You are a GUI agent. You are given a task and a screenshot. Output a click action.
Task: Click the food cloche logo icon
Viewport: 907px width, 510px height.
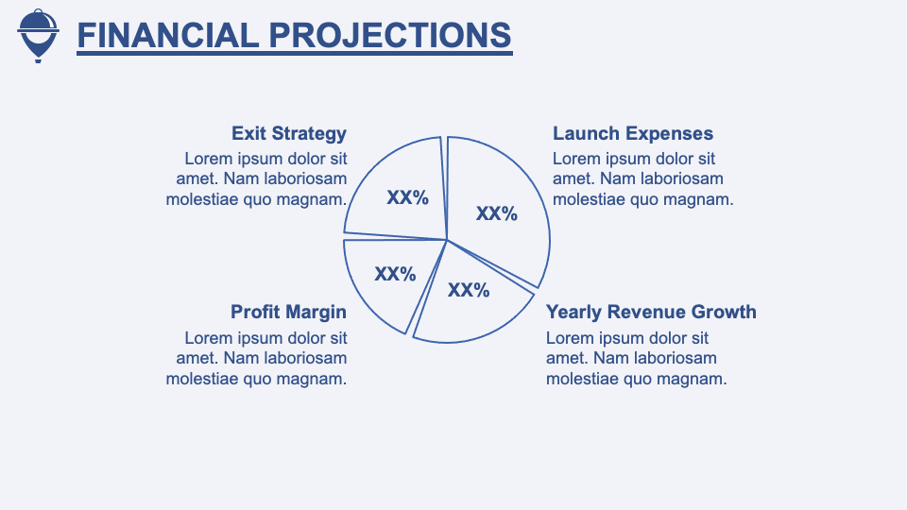click(x=38, y=36)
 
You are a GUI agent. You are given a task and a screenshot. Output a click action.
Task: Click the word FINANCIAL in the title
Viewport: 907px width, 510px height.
click(x=168, y=35)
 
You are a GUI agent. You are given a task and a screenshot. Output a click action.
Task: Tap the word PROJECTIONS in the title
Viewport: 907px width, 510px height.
click(x=390, y=35)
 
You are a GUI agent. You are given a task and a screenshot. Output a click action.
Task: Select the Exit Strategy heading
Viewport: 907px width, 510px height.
click(x=289, y=133)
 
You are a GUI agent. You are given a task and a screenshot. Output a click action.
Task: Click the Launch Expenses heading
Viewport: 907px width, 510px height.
click(x=633, y=133)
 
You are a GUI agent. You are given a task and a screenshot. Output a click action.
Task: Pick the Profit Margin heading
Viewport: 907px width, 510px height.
click(x=289, y=313)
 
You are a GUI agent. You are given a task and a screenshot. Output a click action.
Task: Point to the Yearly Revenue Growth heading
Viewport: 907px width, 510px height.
click(x=651, y=313)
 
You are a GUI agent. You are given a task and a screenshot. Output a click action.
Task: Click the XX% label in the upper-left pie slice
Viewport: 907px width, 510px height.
click(x=408, y=197)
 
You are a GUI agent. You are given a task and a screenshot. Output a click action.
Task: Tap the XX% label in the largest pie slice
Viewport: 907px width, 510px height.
click(x=497, y=214)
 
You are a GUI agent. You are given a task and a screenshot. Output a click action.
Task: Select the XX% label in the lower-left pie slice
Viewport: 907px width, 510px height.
click(x=395, y=274)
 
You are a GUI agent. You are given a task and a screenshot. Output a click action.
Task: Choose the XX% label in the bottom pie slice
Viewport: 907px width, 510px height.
click(x=469, y=290)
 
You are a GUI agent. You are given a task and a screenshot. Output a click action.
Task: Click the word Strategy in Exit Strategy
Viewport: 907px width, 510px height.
click(x=310, y=133)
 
